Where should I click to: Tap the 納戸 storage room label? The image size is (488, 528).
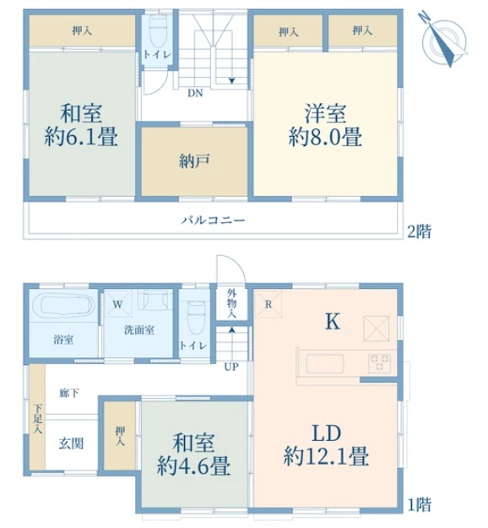coord(194,161)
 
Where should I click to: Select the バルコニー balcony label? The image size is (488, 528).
coord(214,220)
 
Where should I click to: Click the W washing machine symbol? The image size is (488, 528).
coord(118,304)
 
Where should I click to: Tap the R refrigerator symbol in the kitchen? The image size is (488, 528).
coord(268,304)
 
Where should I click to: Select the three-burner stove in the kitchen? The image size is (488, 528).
coord(379,363)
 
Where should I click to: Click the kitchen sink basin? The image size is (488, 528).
coord(324,363)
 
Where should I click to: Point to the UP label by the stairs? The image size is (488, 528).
coord(231,367)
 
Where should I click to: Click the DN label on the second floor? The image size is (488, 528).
coord(195,93)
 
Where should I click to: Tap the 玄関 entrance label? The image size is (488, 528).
coord(71,444)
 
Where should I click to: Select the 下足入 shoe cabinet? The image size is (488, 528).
coord(37,416)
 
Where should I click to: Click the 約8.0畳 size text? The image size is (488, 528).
coord(325,137)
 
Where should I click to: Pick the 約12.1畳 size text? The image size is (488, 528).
coord(326,456)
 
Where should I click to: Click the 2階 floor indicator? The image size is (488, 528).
coord(419,231)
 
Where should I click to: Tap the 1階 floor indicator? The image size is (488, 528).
coord(420,504)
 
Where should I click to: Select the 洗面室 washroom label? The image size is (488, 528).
coord(139,330)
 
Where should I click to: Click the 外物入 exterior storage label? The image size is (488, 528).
coord(231,303)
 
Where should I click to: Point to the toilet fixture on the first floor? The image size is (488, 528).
coord(196,318)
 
